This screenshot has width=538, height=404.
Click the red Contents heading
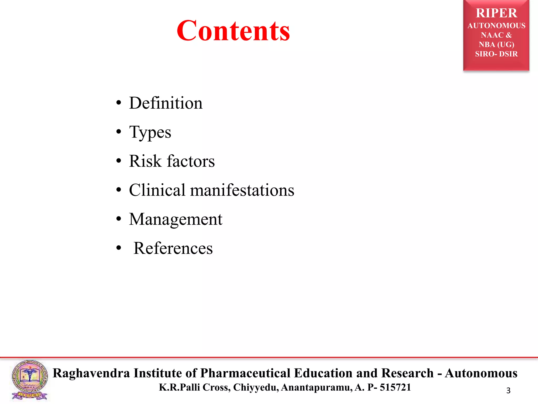point(233,31)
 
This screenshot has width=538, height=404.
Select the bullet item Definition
point(166,103)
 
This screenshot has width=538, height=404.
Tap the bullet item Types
point(150,132)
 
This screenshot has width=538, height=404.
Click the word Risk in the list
point(145,161)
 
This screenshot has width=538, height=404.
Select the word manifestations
point(242,190)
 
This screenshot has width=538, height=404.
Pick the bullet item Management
point(175,219)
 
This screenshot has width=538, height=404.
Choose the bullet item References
point(173,248)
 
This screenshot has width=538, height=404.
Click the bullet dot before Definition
point(119,103)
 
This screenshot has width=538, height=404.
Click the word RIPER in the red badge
point(496,13)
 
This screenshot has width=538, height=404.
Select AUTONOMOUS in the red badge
point(496,26)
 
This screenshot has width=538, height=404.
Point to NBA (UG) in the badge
point(496,44)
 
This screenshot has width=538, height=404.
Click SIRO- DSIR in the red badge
point(496,54)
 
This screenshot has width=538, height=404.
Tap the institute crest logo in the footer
point(30,380)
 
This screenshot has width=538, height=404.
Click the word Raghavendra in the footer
point(91,373)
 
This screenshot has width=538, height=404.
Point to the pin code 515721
point(395,387)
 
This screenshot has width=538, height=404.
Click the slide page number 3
point(508,391)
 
